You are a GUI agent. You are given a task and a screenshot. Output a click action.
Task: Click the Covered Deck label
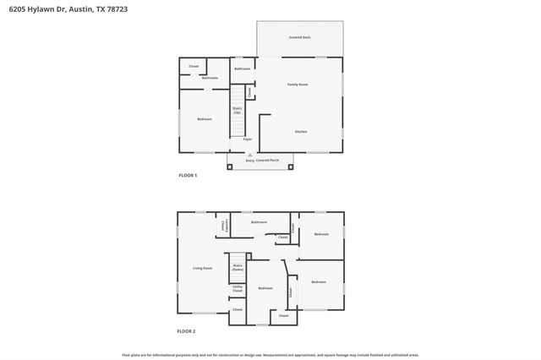pyautogui.click(x=299, y=38)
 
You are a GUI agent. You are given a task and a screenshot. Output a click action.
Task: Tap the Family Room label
pyautogui.click(x=298, y=85)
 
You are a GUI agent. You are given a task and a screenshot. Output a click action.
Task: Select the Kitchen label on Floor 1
pyautogui.click(x=300, y=132)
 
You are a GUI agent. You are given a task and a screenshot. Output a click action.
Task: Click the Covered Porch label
pyautogui.click(x=268, y=160)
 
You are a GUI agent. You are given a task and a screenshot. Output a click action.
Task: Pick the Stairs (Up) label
pyautogui.click(x=238, y=111)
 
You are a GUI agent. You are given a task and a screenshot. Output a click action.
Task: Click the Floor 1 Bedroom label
pyautogui.click(x=205, y=119)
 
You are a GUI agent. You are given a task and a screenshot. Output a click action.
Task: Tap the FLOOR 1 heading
pyautogui.click(x=188, y=175)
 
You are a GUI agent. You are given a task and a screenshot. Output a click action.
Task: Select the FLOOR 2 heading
pyautogui.click(x=187, y=331)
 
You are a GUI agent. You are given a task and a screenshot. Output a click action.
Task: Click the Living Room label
pyautogui.click(x=202, y=268)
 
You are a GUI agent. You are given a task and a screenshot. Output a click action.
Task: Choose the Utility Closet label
pyautogui.click(x=238, y=290)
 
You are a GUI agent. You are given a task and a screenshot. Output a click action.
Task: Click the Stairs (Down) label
pyautogui.click(x=238, y=267)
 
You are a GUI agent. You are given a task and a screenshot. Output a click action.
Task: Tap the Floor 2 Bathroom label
pyautogui.click(x=259, y=222)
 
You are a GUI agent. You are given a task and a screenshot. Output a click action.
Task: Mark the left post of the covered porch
pyautogui.click(x=231, y=166)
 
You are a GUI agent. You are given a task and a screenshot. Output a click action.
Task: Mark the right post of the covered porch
pyautogui.click(x=291, y=166)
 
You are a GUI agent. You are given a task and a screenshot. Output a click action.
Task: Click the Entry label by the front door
pyautogui.click(x=249, y=160)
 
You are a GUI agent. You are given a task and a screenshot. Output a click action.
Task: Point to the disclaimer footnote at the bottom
pyautogui.click(x=270, y=355)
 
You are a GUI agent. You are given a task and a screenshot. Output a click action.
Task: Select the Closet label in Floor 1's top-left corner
pyautogui.click(x=194, y=66)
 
